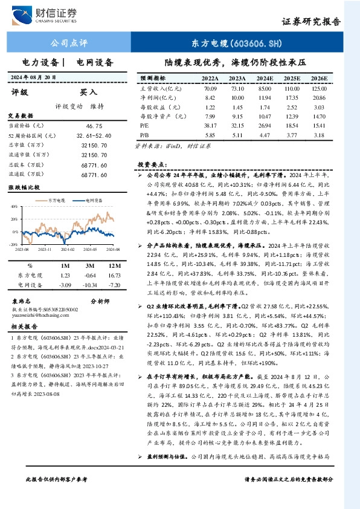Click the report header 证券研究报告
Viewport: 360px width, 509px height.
pyautogui.click(x=311, y=21)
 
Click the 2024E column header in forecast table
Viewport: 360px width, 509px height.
pyautogui.click(x=264, y=79)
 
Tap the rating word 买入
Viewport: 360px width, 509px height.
pyautogui.click(x=89, y=92)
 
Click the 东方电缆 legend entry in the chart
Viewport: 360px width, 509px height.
pyautogui.click(x=56, y=198)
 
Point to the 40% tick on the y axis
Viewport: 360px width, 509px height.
pyautogui.click(x=14, y=206)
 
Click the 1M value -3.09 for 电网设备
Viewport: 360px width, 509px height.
pyautogui.click(x=65, y=284)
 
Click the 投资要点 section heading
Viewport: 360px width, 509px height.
pyautogui.click(x=152, y=164)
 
